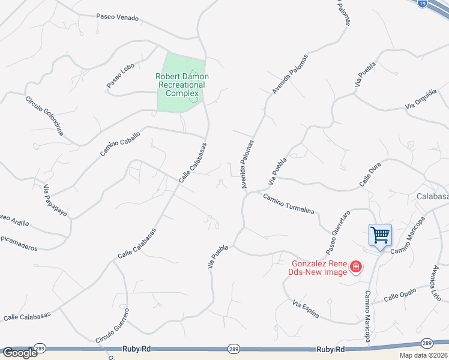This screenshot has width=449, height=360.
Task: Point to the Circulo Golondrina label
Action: tap(44, 115)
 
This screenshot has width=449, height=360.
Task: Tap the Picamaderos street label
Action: tap(19, 247)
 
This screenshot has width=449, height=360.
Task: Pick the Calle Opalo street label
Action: tap(399, 296)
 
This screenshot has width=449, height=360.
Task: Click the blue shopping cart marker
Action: tap(380, 235)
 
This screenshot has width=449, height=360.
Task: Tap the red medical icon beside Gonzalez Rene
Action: tap(356, 266)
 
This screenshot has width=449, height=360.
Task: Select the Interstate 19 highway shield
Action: tap(423, 4)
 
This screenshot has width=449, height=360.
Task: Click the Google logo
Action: tap(19, 353)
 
